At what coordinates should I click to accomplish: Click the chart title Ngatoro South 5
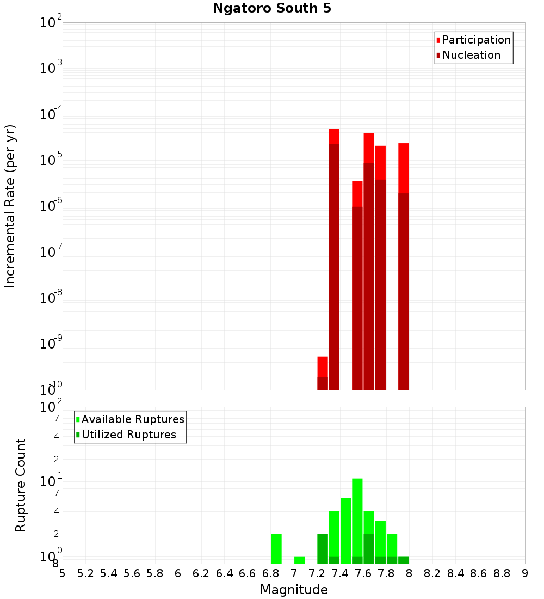point(271,8)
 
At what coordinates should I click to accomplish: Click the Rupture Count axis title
point(21,485)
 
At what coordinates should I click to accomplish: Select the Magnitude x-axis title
point(294,590)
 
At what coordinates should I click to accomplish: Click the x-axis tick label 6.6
point(248,573)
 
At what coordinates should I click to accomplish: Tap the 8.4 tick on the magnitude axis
point(456,573)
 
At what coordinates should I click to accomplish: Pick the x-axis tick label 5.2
point(85,573)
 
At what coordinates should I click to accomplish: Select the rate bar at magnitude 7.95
point(403,267)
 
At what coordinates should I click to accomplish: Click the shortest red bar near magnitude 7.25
point(323,373)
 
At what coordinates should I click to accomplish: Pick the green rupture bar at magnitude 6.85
point(276,548)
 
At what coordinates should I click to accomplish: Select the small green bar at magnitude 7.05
point(299,560)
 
